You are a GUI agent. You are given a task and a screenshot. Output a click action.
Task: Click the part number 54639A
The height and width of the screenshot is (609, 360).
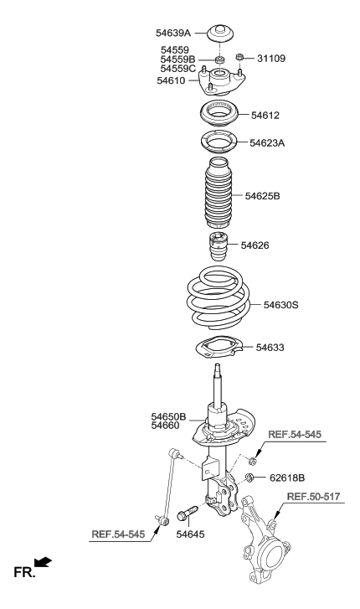click(173, 33)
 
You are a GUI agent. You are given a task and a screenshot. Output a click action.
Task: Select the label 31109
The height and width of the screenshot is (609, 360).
click(270, 59)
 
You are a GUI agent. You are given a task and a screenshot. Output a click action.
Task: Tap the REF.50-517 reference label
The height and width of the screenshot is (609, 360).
click(315, 496)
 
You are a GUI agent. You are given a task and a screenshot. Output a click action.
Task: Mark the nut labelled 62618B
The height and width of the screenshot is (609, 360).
click(249, 478)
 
